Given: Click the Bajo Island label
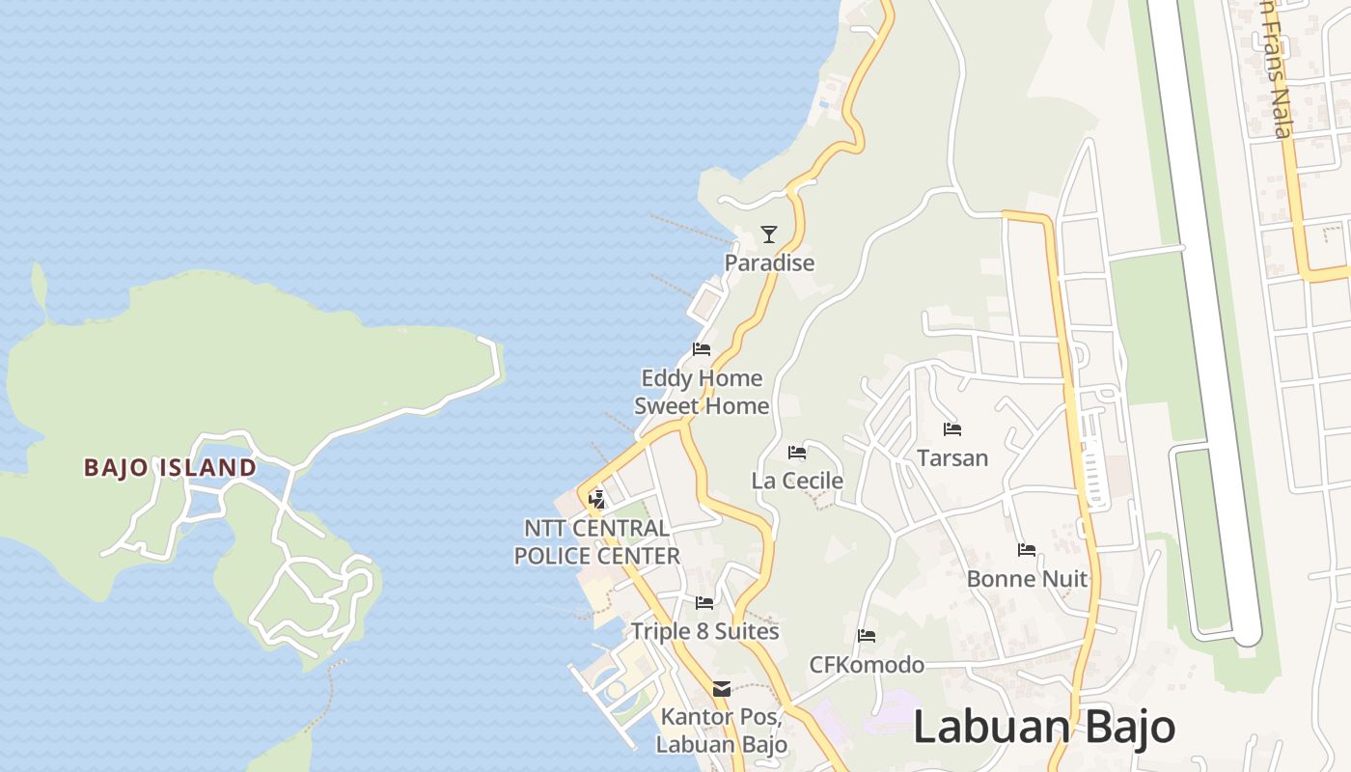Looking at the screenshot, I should (x=170, y=468).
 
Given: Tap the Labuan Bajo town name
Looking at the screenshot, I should (x=1043, y=727).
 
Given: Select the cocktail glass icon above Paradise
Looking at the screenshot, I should (x=768, y=234).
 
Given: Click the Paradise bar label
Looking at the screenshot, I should (x=769, y=262).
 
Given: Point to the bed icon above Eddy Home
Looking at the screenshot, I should (x=702, y=349).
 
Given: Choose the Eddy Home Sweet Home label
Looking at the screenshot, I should (x=702, y=392).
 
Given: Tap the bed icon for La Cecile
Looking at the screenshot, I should (x=797, y=452).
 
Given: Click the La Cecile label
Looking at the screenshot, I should (x=797, y=481).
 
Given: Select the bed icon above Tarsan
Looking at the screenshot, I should (x=952, y=428).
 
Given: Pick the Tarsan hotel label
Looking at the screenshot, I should (x=952, y=457).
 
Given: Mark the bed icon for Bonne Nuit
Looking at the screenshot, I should (x=1027, y=550).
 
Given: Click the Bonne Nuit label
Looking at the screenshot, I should (x=1027, y=579).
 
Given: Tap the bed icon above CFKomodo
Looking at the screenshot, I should (x=867, y=636).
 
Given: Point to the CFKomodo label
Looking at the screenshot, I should (x=867, y=665).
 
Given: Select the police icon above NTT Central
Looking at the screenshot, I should (x=597, y=499).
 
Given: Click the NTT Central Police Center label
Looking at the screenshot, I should (x=596, y=542).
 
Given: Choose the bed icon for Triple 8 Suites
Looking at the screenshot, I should (x=704, y=603).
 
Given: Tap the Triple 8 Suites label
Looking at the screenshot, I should (x=704, y=632).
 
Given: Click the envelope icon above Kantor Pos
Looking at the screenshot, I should (x=722, y=689).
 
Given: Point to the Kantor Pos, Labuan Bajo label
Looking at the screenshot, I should (x=722, y=731).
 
